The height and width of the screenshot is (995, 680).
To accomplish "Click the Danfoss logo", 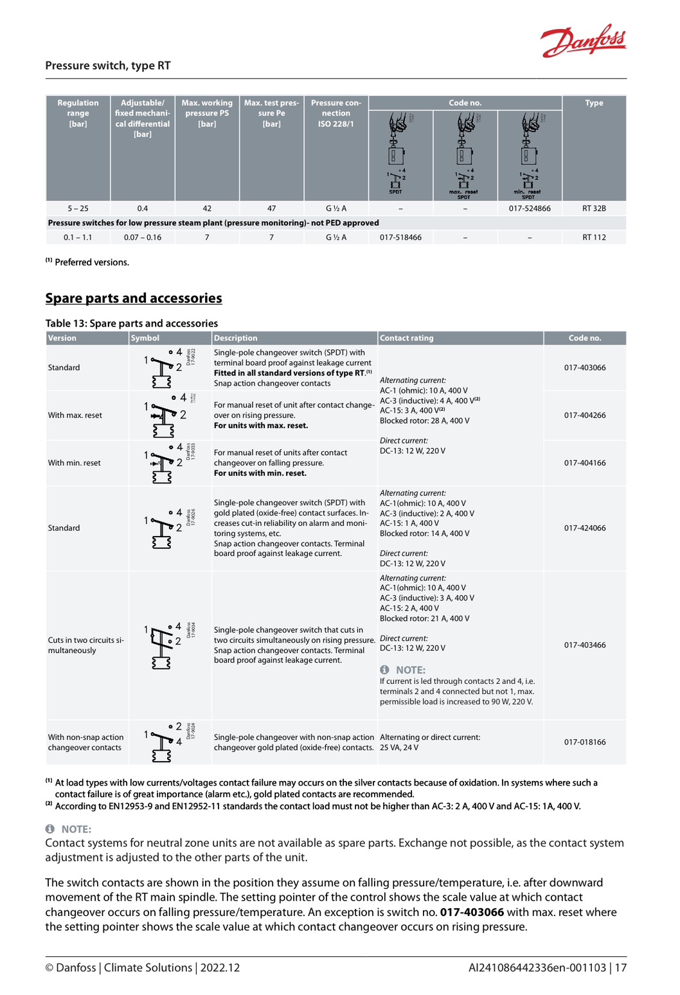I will (x=583, y=41).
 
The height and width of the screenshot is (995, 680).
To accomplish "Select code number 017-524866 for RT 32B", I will (x=530, y=208).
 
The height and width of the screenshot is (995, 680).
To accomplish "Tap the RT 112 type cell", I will (x=594, y=237).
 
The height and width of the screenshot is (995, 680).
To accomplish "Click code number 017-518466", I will (x=400, y=237).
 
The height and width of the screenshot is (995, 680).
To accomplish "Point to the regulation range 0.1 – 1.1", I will (x=78, y=237).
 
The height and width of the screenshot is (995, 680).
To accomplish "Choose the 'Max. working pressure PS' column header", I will (x=207, y=113).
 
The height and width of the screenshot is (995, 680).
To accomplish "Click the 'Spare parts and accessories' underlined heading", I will (x=134, y=298).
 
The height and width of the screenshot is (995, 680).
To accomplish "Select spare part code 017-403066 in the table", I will (x=585, y=368).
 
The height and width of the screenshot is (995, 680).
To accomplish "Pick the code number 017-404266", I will (x=585, y=415).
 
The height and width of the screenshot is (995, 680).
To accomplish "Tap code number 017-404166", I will (x=585, y=463).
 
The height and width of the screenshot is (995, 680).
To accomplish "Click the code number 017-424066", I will (x=585, y=528).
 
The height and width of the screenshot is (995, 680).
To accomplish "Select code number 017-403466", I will (x=585, y=645).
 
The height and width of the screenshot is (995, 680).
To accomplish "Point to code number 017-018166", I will (x=585, y=742).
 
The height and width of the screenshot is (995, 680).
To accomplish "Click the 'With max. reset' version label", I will (x=75, y=415).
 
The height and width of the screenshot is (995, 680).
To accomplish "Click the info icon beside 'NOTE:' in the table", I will (x=384, y=670).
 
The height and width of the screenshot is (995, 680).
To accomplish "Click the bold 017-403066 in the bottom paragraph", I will (x=472, y=912).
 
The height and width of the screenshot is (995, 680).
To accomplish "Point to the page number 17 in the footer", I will (x=620, y=967).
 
